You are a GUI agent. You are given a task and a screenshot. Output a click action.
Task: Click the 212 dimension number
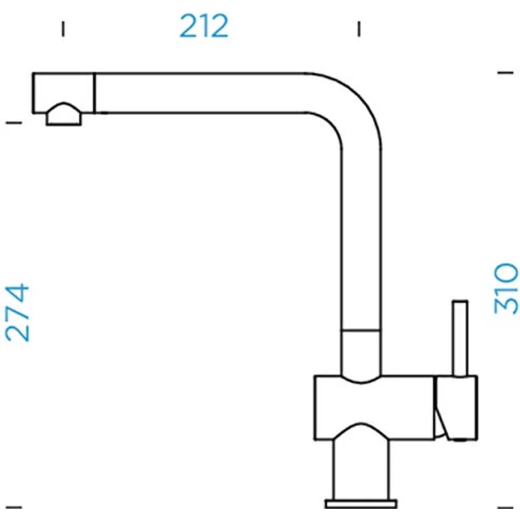[204, 26]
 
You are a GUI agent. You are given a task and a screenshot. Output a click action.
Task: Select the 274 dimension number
[17, 313]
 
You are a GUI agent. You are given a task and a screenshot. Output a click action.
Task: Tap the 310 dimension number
[506, 289]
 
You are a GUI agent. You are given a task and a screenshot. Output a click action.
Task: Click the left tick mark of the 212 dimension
[63, 29]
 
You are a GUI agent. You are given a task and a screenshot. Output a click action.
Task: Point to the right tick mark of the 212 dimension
[359, 29]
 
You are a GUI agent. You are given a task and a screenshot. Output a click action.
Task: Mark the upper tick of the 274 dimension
[14, 123]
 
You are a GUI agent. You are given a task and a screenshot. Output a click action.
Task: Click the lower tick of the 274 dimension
[14, 507]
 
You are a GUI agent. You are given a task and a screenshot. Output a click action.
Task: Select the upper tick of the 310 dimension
[505, 73]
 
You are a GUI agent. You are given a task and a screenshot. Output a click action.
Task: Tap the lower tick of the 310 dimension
[505, 507]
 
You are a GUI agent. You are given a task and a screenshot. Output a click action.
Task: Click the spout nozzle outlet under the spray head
[64, 114]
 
